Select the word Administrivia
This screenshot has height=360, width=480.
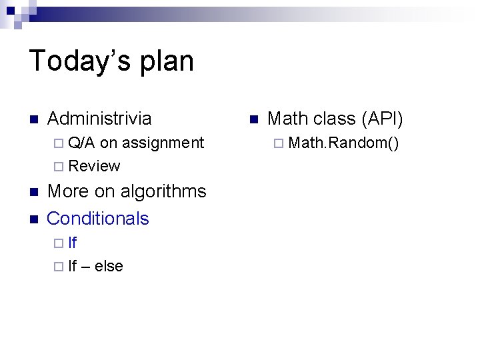tap(99, 119)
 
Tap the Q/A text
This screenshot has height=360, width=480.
tap(82, 142)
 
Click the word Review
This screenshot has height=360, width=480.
tap(94, 166)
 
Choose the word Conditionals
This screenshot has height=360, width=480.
tap(98, 218)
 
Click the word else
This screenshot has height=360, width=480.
tap(109, 266)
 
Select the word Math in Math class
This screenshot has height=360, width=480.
tap(287, 119)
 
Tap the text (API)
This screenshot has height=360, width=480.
tap(382, 119)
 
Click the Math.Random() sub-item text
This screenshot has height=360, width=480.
tap(344, 142)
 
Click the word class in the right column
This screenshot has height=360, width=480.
tap(334, 119)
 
